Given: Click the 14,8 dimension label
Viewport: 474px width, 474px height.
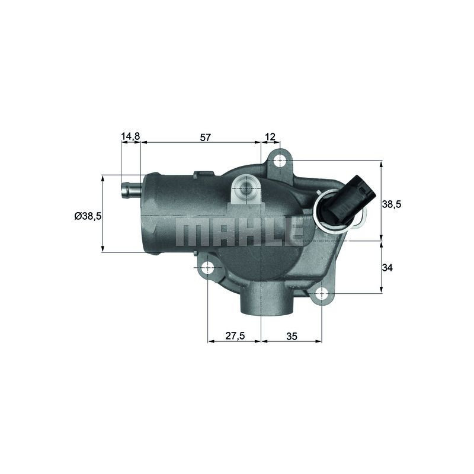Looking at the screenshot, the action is [130, 136].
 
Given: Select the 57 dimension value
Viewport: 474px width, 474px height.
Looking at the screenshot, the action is [205, 137].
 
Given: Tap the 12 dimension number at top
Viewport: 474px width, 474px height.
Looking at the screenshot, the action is [270, 137].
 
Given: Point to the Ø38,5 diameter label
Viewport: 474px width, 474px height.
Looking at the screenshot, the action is [88, 216].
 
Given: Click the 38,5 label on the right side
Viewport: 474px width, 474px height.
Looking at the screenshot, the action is [392, 204].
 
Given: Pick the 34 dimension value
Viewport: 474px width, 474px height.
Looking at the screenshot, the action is [387, 268].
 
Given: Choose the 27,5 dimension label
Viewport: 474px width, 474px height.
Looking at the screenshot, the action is [235, 336].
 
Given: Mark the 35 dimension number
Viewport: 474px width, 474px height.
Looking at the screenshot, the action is [292, 336].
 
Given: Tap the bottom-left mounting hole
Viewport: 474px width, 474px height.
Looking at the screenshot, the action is [208, 268].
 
